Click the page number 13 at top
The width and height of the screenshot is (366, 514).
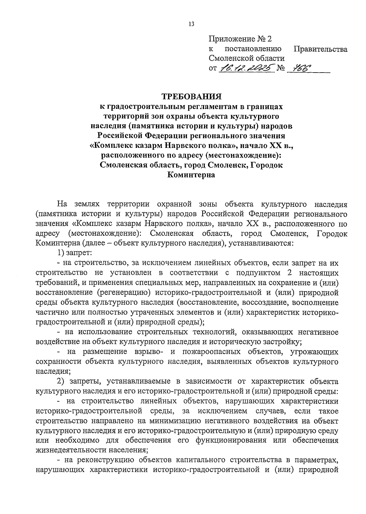pos(191,24)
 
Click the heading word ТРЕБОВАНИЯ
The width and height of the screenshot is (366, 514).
pos(191,97)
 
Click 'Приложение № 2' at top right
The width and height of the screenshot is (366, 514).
pos(240,39)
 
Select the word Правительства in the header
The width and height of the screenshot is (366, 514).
pos(320,49)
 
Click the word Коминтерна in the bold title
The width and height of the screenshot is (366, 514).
pos(191,175)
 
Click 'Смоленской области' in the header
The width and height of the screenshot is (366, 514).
pos(246,58)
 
